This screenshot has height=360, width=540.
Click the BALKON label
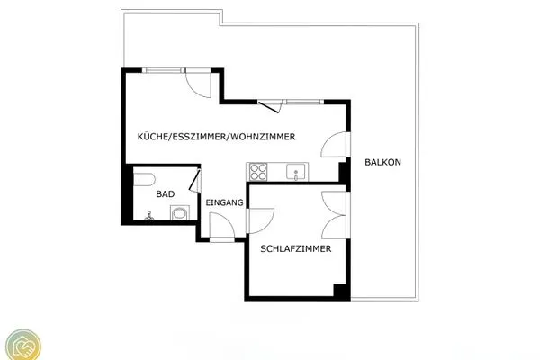coord(382,162)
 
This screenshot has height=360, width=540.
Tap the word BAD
coord(165,193)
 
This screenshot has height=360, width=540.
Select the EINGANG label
coord(224,203)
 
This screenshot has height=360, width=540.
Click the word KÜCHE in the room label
coord(152,137)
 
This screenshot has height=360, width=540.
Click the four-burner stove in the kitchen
coord(259,170)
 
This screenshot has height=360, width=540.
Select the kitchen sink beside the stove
coord(295,171)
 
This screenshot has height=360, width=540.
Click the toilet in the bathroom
coord(144,178)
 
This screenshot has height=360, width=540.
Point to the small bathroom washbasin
coord(149,216)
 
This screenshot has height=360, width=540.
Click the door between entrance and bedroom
coord(258,220)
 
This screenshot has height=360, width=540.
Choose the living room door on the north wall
coord(199,85)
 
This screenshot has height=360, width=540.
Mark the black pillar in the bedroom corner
coord(340,292)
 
